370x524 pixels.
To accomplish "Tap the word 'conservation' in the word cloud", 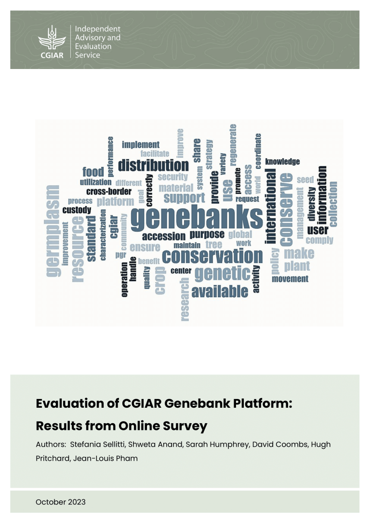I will [x=212, y=256].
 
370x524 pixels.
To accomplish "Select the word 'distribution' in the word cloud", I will [x=153, y=165].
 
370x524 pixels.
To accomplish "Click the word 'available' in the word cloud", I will [x=220, y=291].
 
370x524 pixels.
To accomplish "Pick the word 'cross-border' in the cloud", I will [x=109, y=191].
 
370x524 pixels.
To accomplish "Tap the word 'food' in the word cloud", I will [x=93, y=172].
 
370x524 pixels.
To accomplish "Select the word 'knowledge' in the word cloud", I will [x=282, y=162].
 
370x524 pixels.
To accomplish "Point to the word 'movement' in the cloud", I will [x=290, y=279].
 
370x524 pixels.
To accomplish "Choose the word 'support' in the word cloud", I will [x=184, y=198].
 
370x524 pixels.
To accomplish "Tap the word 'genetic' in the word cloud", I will [x=222, y=274].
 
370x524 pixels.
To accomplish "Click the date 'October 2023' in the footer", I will [x=61, y=502].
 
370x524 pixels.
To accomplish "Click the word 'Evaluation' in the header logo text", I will [x=93, y=47].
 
